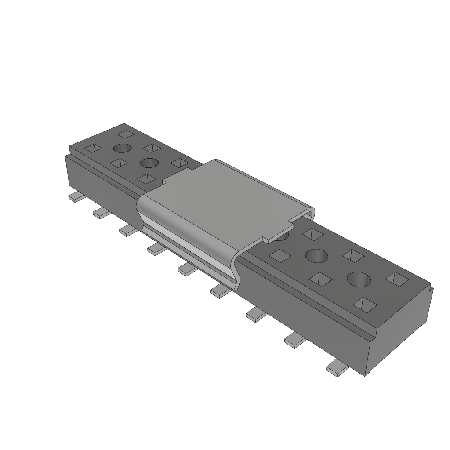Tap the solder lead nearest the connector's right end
(337, 367)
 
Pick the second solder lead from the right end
(295, 340)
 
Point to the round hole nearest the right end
(359, 279)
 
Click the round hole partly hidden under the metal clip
(280, 236)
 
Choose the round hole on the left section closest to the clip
(149, 163)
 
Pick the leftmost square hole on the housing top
(93, 148)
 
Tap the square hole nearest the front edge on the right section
(365, 304)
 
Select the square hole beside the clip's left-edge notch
(147, 178)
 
